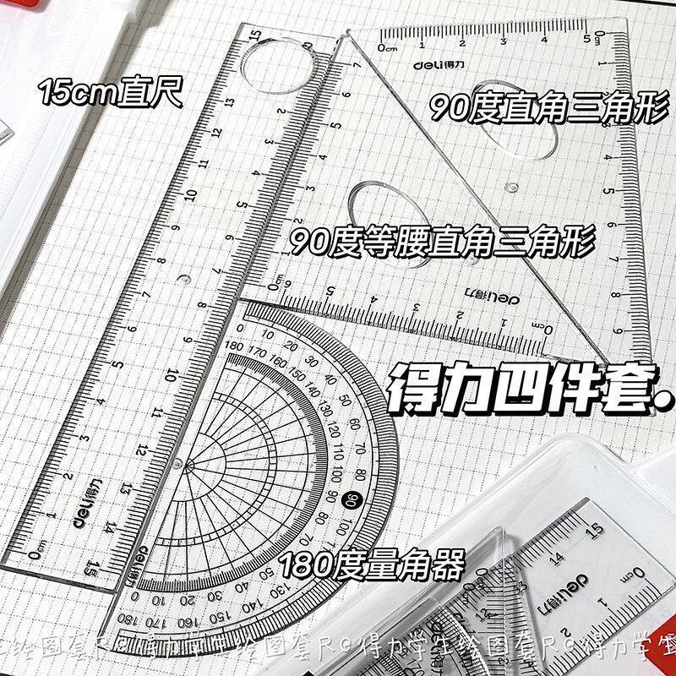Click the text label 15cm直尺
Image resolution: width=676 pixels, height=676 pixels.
point(111,90)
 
